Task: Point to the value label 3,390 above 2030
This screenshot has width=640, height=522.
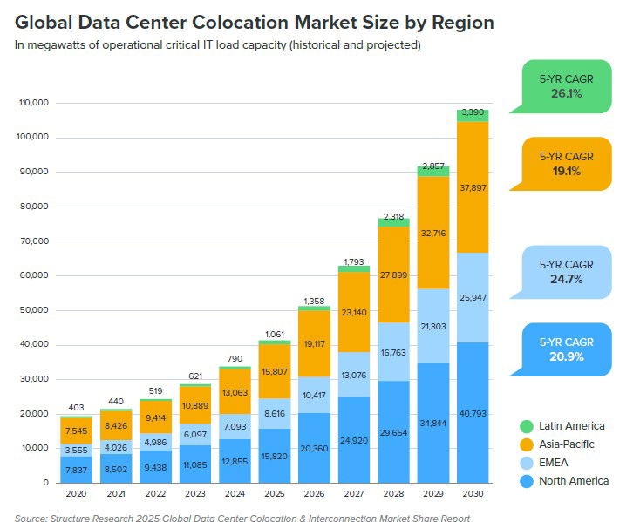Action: coord(473,112)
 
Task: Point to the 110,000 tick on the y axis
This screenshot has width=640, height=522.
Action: coord(32,104)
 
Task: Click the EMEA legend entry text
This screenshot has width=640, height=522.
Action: coord(553,463)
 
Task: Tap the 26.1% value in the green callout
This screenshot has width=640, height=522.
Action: coord(565,93)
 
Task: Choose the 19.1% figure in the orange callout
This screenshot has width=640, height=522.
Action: coord(565,171)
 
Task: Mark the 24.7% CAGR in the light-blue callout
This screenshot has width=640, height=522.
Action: coord(565,280)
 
